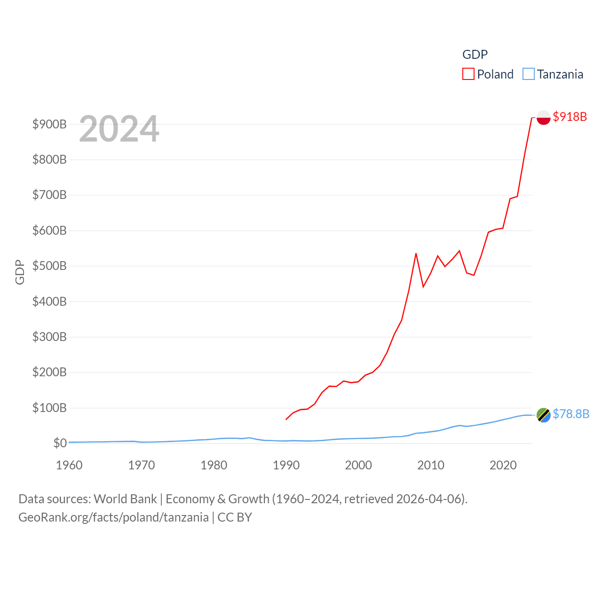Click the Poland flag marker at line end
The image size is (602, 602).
point(543,117)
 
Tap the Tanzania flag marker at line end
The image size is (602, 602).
point(543,415)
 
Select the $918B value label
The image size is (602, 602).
point(570,117)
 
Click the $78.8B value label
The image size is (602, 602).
point(570,414)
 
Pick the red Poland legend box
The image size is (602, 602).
point(468,74)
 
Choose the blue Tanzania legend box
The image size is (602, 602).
point(529,74)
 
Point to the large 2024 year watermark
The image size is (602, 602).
point(119,129)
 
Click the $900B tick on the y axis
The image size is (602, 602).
point(49,124)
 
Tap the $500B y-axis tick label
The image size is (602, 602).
point(49,266)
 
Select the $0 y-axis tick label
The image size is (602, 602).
point(60,443)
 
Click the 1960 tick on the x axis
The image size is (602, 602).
point(69,465)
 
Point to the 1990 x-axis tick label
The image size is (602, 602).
point(286,465)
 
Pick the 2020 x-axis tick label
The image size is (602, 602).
point(503,465)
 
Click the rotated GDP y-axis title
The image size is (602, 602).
point(20,272)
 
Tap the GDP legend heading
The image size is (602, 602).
point(475,55)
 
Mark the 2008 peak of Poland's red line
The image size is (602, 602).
point(416,253)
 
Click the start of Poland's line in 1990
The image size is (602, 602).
point(286,419)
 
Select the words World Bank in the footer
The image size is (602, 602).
point(125,499)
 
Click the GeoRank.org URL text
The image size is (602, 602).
point(113,517)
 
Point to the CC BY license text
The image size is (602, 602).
point(235,517)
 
